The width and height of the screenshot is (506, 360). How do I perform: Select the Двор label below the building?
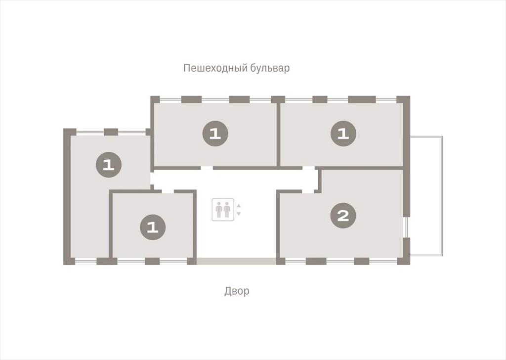point(237,291)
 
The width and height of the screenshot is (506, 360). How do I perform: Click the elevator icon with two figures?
point(223,210)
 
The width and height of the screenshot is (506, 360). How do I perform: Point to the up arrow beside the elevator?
point(239,206)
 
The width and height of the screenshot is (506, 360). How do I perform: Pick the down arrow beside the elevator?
point(239,214)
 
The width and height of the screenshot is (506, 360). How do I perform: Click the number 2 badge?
point(343,215)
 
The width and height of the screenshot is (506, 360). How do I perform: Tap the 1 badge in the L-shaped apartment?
point(109,165)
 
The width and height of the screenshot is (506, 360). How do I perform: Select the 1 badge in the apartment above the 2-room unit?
point(343,134)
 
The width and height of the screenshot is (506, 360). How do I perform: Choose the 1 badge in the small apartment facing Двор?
point(153,227)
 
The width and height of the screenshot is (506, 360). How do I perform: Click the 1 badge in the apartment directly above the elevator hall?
point(215,134)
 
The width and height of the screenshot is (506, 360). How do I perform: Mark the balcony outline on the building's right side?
point(426,196)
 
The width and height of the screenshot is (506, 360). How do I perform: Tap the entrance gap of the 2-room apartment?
point(308,191)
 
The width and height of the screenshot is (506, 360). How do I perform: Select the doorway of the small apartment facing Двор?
point(168,191)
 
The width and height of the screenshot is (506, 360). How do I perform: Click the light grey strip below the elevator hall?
point(236,261)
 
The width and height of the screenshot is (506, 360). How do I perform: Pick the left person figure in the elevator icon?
point(219,210)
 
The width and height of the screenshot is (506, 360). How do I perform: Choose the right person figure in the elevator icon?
point(227,210)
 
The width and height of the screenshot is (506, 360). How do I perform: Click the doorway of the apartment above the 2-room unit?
point(308,168)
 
